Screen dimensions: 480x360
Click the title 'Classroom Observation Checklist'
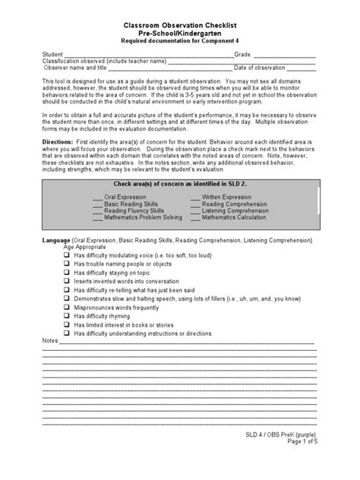179,25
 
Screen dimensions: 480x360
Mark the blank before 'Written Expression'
195,197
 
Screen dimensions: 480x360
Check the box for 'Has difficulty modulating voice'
68,255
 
